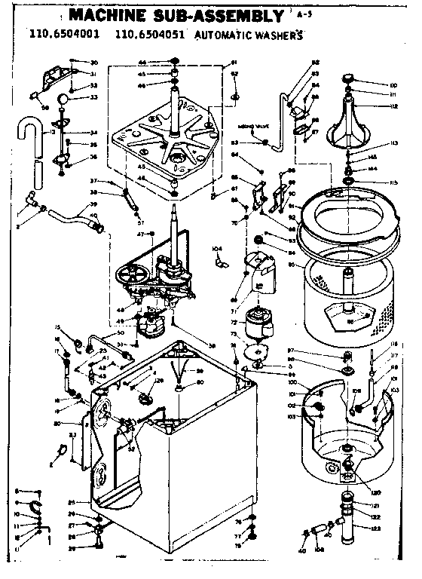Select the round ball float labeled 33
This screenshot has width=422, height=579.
[66, 97]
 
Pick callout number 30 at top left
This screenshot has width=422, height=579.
[94, 62]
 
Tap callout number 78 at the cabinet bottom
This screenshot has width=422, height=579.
[240, 545]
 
